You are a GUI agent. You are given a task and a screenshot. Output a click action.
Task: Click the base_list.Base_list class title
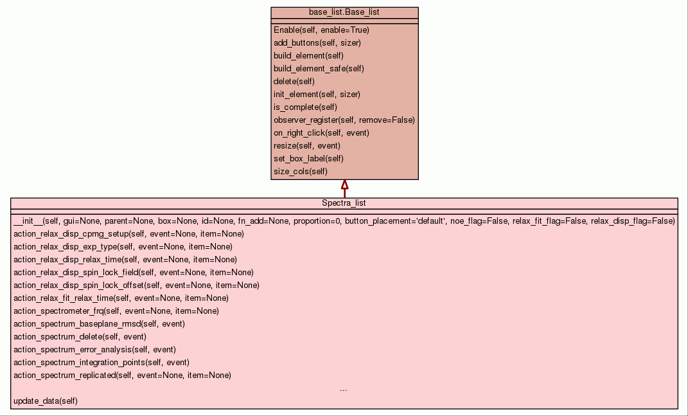point(344,12)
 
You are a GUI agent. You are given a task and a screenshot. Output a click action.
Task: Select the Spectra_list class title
point(344,203)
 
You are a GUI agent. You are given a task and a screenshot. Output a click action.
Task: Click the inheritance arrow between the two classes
point(344,188)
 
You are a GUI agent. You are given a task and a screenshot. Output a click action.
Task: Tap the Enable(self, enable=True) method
point(321,30)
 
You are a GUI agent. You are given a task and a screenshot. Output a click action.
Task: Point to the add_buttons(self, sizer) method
point(317,42)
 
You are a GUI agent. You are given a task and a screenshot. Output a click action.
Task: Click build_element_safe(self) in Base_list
point(319,68)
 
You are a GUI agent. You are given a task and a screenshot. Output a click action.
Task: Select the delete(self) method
point(294,81)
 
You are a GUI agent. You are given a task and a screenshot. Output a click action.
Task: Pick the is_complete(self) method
point(305,107)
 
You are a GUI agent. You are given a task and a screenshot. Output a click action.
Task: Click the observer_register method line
point(344,120)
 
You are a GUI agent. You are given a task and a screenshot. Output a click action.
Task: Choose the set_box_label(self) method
point(308,158)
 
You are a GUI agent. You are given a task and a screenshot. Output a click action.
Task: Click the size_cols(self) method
point(300,171)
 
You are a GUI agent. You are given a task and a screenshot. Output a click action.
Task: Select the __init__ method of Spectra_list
point(344,221)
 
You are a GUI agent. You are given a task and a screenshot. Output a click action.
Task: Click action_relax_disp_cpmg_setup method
point(128,233)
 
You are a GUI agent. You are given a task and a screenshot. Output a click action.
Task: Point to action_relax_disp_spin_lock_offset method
point(136,285)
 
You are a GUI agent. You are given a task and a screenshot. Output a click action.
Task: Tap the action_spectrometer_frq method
point(116,311)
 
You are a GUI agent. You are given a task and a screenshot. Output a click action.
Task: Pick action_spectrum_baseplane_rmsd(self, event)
point(99,323)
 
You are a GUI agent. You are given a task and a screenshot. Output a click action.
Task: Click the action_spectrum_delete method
point(80,336)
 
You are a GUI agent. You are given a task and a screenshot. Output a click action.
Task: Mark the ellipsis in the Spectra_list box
point(344,389)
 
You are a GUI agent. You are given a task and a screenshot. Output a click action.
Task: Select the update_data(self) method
point(45,401)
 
